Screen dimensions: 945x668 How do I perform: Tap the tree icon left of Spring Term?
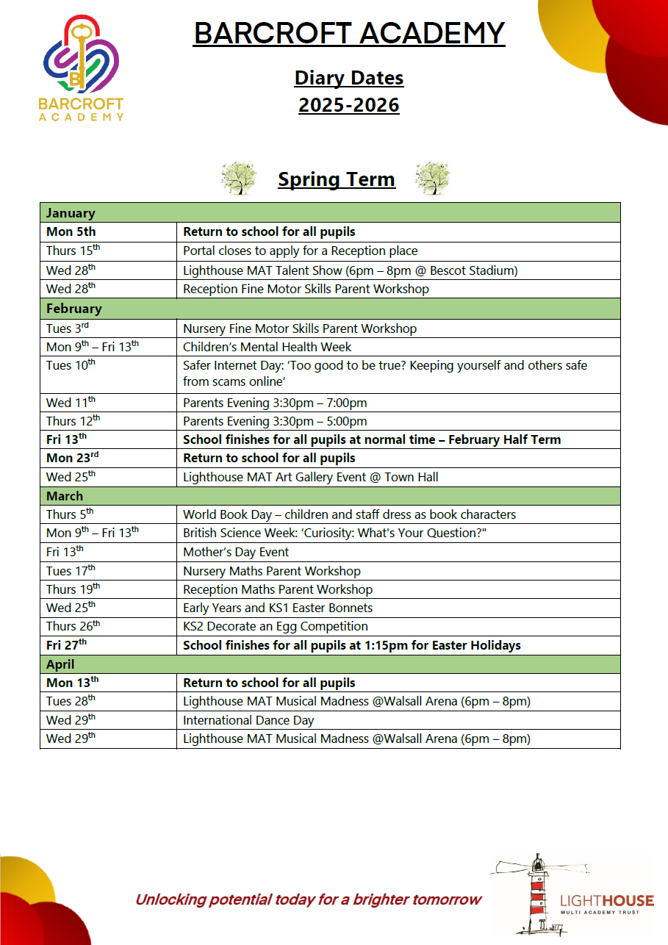point(238,179)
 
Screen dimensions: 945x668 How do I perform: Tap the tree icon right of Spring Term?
point(432,179)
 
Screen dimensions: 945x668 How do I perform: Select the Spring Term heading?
point(336,179)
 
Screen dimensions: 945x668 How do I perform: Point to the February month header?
point(73,309)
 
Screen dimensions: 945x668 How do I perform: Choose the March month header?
point(65,496)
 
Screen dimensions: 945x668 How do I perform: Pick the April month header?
point(60,664)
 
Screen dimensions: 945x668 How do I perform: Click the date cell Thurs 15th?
point(73,251)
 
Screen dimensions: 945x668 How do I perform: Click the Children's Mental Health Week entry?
point(267,347)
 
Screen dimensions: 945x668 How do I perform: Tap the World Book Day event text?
point(349,514)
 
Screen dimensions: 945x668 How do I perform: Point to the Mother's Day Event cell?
point(236,552)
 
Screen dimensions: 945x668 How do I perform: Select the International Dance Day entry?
point(248,720)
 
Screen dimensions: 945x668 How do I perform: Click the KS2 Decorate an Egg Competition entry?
point(276,626)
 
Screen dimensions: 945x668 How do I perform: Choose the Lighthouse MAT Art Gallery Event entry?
point(310,477)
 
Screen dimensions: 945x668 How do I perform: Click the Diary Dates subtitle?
point(349,78)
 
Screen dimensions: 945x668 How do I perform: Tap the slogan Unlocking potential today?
point(308,899)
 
